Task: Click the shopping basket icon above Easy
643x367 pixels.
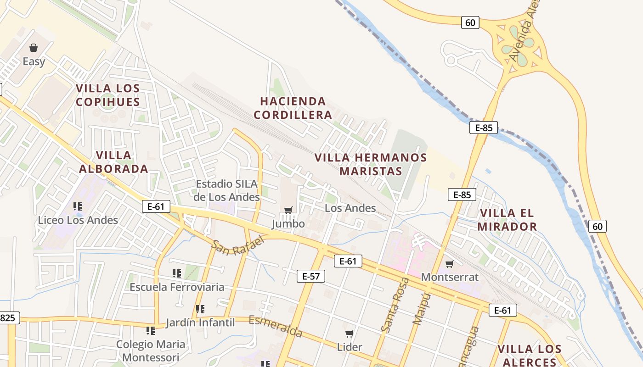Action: pos(34,48)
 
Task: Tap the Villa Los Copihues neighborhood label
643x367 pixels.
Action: pos(108,95)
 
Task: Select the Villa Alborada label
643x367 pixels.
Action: pos(113,162)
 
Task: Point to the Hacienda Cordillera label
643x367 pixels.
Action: pos(293,108)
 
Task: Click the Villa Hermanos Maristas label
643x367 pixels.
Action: pos(371,164)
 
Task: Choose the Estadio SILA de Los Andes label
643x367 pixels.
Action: pos(227,190)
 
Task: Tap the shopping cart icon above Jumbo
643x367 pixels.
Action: pos(288,210)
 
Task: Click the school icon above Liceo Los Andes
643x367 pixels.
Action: pos(78,206)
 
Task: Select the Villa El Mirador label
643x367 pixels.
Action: pos(507,220)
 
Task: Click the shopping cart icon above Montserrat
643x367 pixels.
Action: pos(450,264)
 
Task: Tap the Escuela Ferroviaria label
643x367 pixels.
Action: pos(177,287)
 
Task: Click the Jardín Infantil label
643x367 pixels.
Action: pos(200,323)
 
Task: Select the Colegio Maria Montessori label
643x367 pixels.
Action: pos(151,350)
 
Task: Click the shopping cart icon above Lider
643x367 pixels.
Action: pos(350,334)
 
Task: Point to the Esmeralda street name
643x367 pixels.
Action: pos(276,326)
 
